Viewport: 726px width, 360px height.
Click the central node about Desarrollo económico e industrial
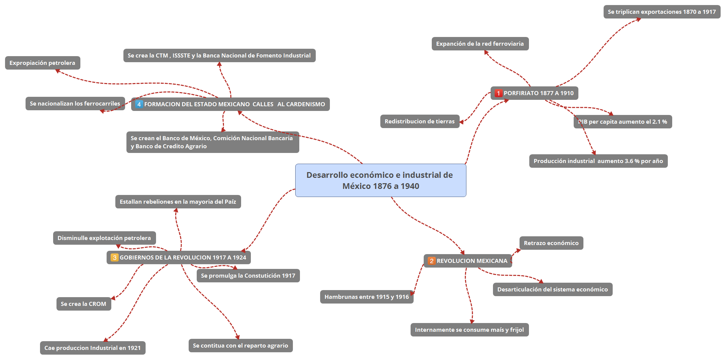pos(381,180)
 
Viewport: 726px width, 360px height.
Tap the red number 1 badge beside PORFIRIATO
pos(498,93)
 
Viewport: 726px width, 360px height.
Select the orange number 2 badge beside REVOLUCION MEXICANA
pos(431,261)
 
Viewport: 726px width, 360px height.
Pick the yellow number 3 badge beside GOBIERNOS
pos(115,257)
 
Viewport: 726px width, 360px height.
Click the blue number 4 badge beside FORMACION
pos(139,104)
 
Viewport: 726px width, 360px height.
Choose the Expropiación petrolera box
pos(43,63)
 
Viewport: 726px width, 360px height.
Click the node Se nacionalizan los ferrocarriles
pos(75,104)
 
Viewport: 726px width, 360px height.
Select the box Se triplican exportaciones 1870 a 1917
pos(662,12)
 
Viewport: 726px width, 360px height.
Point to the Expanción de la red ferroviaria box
pos(480,44)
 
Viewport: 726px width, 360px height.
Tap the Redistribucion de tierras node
pos(420,121)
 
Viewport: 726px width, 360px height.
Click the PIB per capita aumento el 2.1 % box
pos(623,122)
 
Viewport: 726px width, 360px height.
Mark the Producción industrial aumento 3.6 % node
pos(599,161)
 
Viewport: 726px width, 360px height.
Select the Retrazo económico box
pos(551,243)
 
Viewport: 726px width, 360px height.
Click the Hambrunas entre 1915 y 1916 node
pos(367,297)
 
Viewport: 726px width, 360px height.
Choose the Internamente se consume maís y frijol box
pos(469,330)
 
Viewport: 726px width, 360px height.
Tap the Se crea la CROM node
pos(84,304)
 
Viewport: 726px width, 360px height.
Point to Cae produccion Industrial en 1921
pos(93,348)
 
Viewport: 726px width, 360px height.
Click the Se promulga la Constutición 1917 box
pos(248,276)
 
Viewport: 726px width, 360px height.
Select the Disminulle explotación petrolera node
pos(105,238)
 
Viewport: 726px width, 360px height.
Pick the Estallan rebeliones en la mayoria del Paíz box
pos(178,202)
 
